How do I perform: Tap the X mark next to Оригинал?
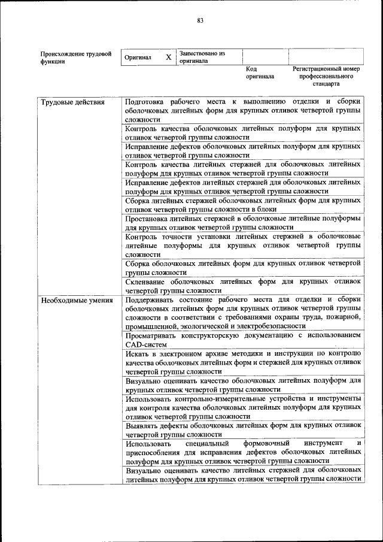click(169, 57)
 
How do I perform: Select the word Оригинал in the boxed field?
click(138, 57)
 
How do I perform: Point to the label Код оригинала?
click(259, 72)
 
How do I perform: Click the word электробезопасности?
click(272, 326)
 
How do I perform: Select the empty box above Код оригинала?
click(265, 57)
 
